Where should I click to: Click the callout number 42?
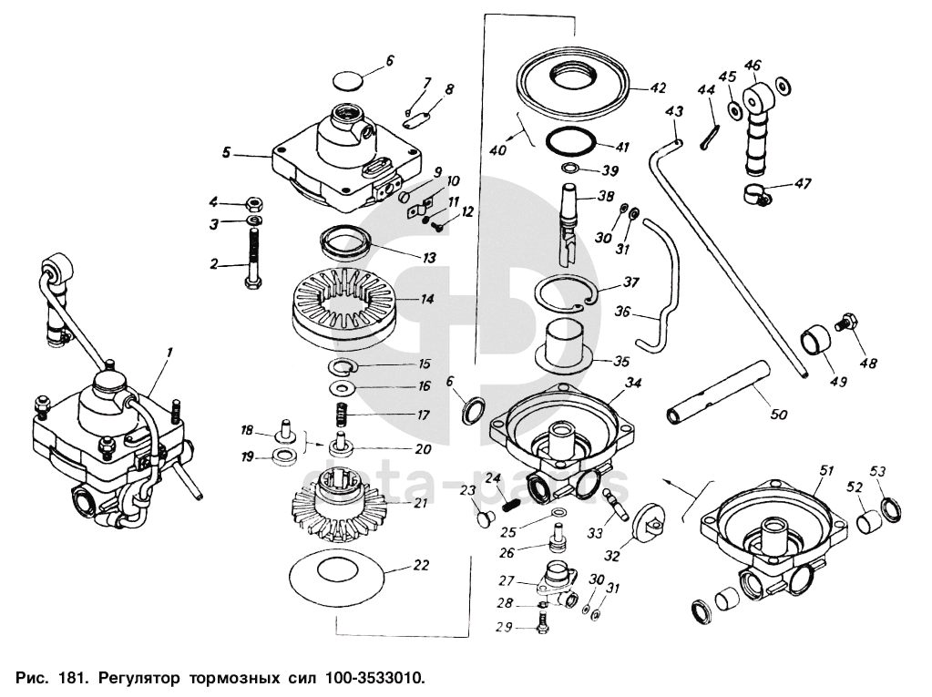[657, 89]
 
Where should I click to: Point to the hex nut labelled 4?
[256, 202]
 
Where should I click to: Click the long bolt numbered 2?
[251, 260]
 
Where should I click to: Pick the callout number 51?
[826, 470]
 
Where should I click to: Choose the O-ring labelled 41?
[572, 143]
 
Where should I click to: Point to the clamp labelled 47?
[753, 192]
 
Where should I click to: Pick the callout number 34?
[633, 383]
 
